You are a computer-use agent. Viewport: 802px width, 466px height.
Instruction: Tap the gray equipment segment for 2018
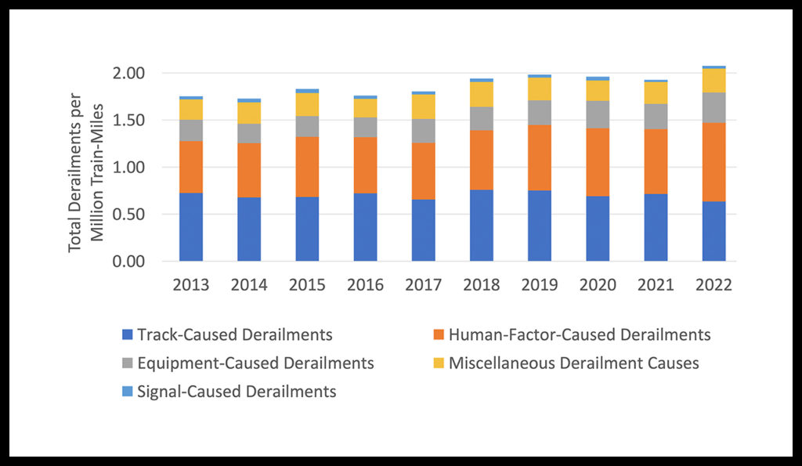[482, 118]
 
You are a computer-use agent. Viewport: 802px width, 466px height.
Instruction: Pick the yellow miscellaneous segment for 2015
[307, 104]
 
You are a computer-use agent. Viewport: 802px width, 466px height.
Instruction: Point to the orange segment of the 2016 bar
[365, 165]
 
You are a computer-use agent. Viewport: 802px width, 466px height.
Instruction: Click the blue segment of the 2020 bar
[598, 229]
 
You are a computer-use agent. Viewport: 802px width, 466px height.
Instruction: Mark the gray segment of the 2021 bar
[656, 117]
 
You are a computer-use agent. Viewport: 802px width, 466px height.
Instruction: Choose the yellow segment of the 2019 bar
[540, 89]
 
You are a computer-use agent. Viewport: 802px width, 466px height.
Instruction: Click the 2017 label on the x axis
[424, 285]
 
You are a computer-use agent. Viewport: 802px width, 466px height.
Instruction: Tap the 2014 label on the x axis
[249, 285]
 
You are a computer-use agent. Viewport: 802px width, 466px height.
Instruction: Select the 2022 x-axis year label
[713, 285]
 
